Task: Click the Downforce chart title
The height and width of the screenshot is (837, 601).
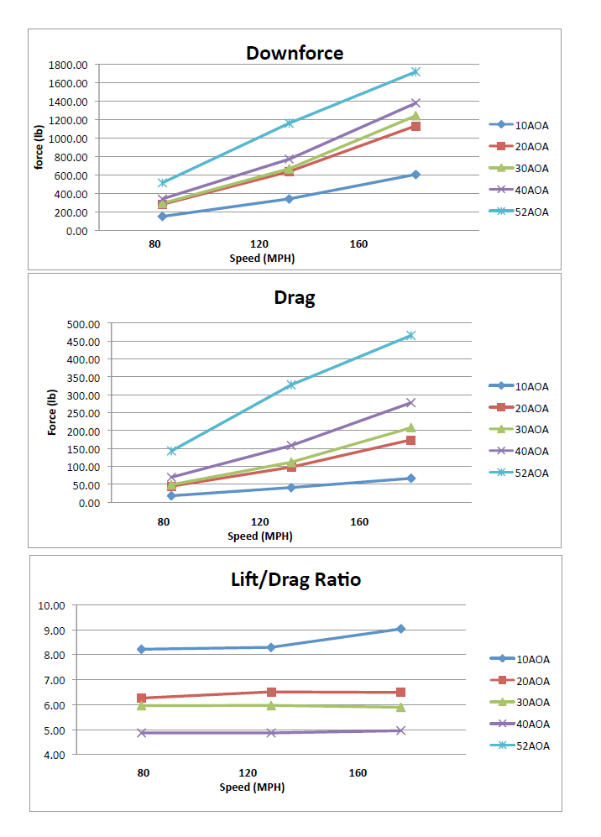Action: click(294, 53)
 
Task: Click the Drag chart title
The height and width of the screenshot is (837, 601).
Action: click(294, 297)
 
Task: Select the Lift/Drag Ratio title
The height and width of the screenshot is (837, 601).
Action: click(295, 578)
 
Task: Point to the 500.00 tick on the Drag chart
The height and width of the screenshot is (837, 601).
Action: click(82, 324)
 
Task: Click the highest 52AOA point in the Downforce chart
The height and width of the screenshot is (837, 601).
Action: click(415, 72)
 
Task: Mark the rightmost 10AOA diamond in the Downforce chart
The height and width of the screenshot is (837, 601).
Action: click(415, 175)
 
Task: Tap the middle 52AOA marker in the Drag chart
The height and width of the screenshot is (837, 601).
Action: click(291, 384)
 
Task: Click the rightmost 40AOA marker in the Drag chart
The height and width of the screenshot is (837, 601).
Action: click(410, 403)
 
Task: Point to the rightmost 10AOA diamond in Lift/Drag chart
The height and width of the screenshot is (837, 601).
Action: click(400, 629)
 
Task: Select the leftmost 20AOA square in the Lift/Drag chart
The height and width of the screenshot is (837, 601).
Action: click(142, 698)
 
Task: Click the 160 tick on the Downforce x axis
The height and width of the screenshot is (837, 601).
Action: click(358, 244)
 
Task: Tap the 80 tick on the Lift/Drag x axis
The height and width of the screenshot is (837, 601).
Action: click(144, 772)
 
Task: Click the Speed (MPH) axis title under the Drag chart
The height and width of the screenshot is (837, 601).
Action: click(260, 536)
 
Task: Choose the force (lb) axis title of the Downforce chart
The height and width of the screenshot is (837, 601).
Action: click(39, 147)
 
